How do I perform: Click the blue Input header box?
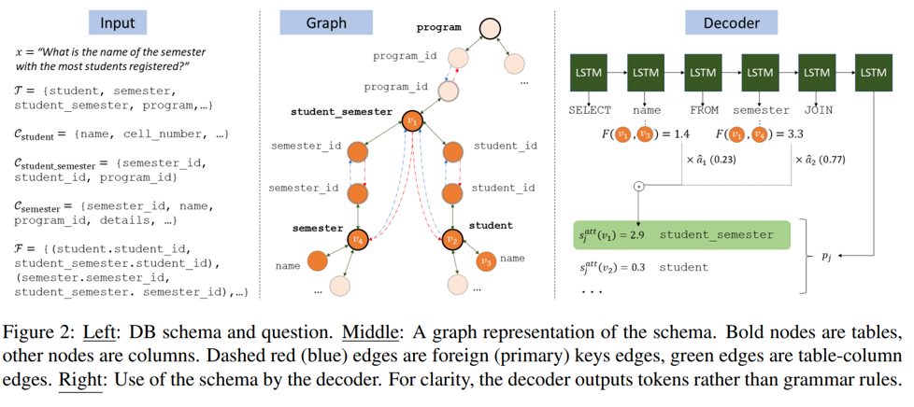[x=118, y=23]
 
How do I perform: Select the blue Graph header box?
[x=326, y=22]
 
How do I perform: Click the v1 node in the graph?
[x=412, y=120]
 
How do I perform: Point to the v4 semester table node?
[x=357, y=240]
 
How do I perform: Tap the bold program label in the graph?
[x=438, y=27]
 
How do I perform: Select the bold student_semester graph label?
[x=341, y=111]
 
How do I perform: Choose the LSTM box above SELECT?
[x=590, y=72]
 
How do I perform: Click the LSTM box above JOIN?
[x=817, y=72]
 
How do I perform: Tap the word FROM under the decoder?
[x=704, y=110]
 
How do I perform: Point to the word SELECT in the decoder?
[x=590, y=110]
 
